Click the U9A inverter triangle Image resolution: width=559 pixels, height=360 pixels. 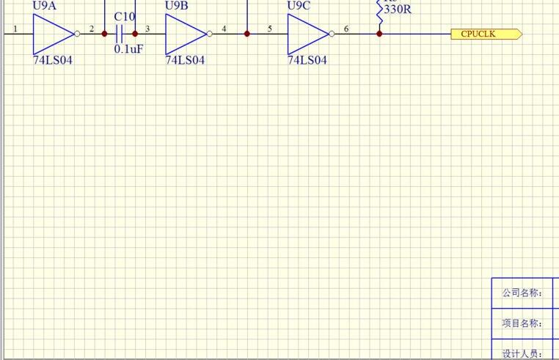click(x=51, y=34)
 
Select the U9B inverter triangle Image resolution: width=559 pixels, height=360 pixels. click(x=185, y=34)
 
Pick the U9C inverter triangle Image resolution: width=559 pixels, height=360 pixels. click(x=307, y=34)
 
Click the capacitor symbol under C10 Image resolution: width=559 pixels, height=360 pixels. click(x=120, y=34)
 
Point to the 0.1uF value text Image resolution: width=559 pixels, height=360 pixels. click(x=128, y=49)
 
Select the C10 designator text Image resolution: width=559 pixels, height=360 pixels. click(x=125, y=17)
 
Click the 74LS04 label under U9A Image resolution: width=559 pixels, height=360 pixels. click(x=53, y=60)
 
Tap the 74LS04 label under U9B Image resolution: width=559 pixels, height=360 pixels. click(x=185, y=60)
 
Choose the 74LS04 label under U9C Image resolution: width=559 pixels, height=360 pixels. click(x=307, y=60)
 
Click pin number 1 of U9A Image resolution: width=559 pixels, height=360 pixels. click(x=15, y=29)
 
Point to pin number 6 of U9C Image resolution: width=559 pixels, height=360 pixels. click(x=346, y=29)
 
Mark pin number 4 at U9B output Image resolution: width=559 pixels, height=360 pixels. click(x=224, y=29)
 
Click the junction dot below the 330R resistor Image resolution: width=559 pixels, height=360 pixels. click(x=379, y=34)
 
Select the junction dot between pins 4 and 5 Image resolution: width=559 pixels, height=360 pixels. click(x=247, y=34)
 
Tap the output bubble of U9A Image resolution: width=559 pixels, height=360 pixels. click(x=77, y=34)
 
